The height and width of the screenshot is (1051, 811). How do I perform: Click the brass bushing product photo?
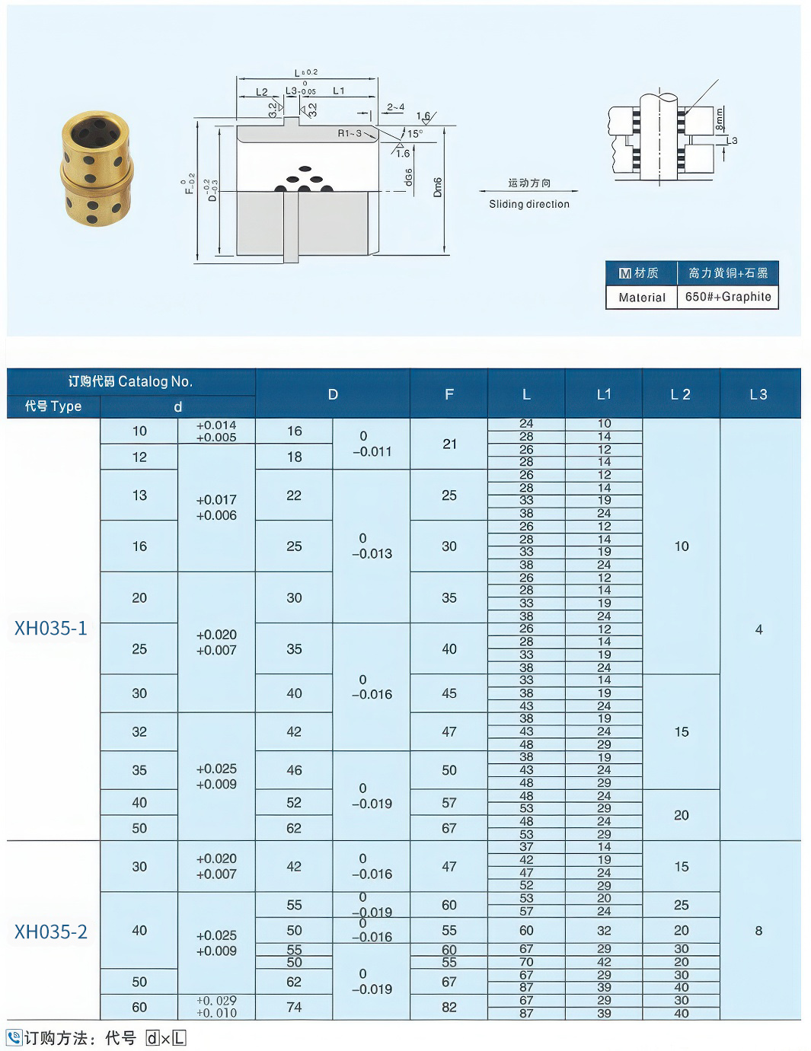click(96, 168)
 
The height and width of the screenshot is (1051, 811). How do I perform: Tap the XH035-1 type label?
click(51, 629)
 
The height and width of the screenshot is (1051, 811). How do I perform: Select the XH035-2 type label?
click(51, 932)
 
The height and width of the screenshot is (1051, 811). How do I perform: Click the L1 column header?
click(604, 394)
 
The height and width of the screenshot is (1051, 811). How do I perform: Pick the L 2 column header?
click(681, 394)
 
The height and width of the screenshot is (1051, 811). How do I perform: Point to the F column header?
click(449, 394)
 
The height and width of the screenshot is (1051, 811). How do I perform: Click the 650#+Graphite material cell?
click(728, 297)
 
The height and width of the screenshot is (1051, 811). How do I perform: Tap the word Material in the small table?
click(642, 298)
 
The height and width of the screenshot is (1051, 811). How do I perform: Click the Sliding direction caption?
click(529, 204)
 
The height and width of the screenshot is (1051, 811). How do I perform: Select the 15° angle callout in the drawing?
click(414, 134)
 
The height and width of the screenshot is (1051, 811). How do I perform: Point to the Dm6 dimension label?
click(438, 188)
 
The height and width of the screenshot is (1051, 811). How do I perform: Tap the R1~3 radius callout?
click(350, 133)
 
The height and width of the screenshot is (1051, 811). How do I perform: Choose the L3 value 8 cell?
click(758, 931)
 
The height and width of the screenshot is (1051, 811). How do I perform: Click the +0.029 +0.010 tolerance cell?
click(216, 1007)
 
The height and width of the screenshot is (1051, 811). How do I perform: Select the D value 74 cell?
click(294, 1007)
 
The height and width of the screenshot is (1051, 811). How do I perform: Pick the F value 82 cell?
click(449, 1007)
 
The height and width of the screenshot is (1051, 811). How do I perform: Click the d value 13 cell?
click(139, 495)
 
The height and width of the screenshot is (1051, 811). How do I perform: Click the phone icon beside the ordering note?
click(14, 1037)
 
